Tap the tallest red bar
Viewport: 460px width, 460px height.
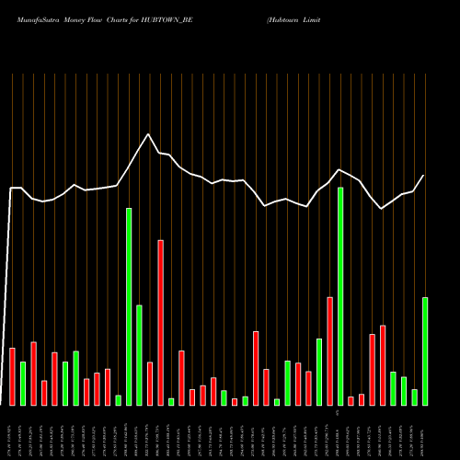161,322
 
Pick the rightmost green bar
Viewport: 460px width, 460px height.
425,351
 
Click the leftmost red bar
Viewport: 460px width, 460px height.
13,376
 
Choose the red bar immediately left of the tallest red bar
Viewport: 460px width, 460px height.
150,384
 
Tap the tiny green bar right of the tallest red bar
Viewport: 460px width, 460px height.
171,401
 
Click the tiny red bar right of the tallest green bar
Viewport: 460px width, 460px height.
351,400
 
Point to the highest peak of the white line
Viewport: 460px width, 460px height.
147,134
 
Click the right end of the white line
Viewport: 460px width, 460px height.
424,176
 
